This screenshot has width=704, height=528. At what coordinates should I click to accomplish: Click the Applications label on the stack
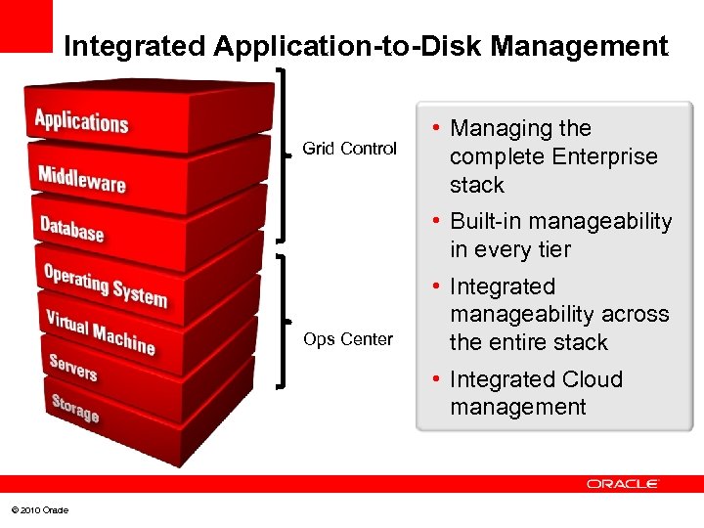pos(81,122)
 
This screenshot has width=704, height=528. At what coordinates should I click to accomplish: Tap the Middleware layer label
pos(81,180)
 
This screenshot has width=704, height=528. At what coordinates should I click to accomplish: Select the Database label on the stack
pos(71,230)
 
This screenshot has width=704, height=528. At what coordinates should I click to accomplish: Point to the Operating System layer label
pos(105,285)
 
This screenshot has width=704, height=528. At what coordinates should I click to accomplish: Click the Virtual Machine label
pos(100,331)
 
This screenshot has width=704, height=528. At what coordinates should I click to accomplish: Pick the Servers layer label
pos(73,368)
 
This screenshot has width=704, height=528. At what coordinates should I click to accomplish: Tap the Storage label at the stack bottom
pos(75,407)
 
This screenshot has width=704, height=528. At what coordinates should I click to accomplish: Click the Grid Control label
pos(349,149)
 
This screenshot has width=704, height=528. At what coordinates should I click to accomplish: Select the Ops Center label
pos(348,339)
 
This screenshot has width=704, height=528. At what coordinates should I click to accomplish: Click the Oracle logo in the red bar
pos(623,484)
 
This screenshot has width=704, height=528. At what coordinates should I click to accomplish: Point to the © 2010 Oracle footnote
pos(40,510)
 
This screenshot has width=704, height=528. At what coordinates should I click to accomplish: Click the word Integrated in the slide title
pos(133,46)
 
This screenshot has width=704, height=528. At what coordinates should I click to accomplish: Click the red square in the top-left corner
pos(25,25)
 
